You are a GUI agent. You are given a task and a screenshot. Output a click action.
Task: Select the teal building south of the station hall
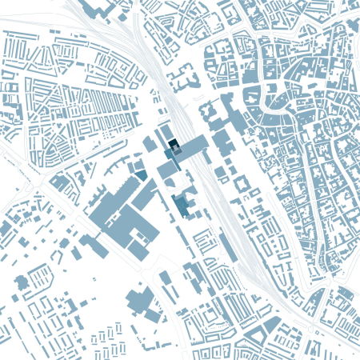click(183, 206)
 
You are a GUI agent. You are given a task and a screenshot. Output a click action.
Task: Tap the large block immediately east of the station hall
click(220, 144)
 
